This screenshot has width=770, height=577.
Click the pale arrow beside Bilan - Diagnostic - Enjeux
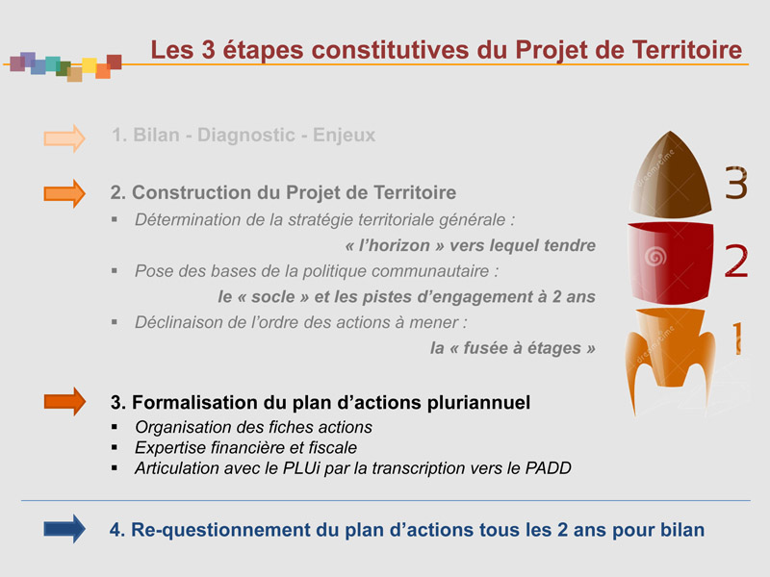point(64,138)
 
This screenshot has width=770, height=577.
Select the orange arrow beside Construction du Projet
point(64,194)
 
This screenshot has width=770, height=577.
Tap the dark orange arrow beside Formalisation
point(64,401)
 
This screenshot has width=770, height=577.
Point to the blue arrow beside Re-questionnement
point(64,529)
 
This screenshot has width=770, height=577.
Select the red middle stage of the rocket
point(671,263)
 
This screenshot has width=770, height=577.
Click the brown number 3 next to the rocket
point(736,183)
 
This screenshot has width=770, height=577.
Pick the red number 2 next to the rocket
point(736,262)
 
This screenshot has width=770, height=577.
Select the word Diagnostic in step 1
point(246,135)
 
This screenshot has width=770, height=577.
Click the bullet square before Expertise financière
point(115,447)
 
